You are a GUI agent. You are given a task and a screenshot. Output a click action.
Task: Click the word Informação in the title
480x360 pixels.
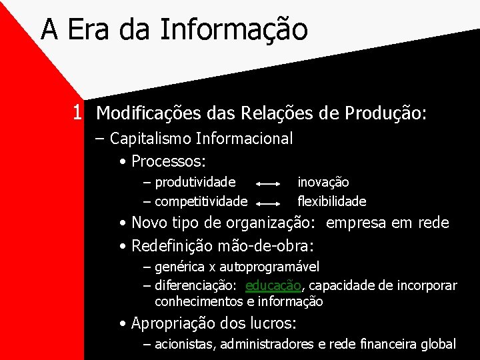234,30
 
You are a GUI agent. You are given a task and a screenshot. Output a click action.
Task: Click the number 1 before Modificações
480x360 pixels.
79,113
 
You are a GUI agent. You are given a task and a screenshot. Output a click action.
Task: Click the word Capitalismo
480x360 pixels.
151,139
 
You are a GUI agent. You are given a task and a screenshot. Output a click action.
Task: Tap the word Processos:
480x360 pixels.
169,161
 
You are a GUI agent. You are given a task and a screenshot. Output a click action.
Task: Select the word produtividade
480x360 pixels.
195,182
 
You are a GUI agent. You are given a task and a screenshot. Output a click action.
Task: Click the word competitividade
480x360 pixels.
201,201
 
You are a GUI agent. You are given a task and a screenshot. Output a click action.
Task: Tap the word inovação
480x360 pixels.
323,182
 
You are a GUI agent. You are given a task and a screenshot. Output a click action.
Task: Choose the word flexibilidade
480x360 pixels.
332,201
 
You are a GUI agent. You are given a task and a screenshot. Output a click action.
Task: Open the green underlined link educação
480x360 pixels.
273,286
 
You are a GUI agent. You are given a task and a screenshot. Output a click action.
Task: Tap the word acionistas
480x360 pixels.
185,345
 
